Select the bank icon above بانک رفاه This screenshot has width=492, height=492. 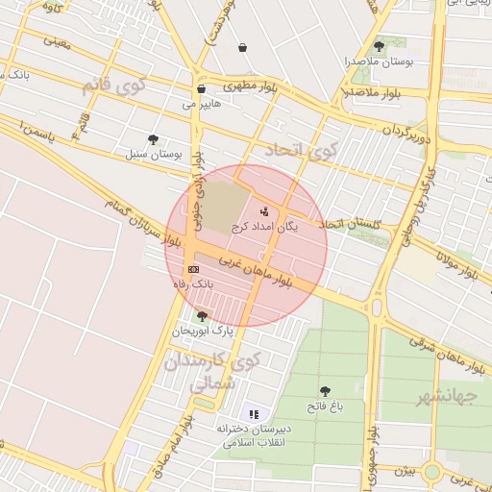[x=193, y=269]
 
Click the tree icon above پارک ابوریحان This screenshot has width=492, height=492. [x=202, y=315]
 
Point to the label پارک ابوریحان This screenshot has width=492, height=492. [x=203, y=331]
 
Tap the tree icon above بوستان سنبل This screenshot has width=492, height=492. [x=154, y=139]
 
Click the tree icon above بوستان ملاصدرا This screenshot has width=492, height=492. [x=379, y=45]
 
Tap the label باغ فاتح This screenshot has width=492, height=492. [x=325, y=407]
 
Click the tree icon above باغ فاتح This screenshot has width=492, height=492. [x=325, y=391]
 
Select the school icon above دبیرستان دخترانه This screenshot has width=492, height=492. [x=254, y=413]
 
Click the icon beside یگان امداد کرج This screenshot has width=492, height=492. [x=264, y=211]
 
